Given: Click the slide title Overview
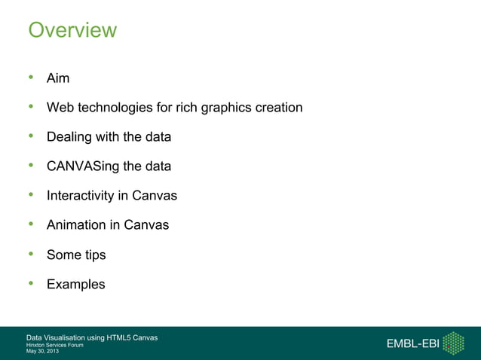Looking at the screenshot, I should [x=72, y=30].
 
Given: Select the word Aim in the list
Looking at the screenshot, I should [x=58, y=79].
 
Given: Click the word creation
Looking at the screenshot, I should [x=279, y=108].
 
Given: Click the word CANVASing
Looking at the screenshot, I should [x=82, y=167].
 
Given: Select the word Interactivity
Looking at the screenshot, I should [x=81, y=197].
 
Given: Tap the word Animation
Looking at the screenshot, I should [x=76, y=225].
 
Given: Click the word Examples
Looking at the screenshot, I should [x=76, y=285].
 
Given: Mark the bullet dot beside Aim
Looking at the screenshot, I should [x=31, y=78].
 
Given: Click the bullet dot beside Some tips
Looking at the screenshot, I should [x=31, y=255].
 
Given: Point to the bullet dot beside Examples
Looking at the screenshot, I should [x=31, y=284].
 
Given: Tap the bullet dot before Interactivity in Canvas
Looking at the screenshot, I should [x=31, y=196].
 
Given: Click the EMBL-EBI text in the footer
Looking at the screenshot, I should [x=412, y=344].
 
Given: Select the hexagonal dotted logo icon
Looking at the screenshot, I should [x=452, y=343].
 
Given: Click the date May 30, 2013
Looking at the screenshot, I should [x=41, y=351].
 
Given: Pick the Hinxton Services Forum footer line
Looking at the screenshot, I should [x=55, y=345].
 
